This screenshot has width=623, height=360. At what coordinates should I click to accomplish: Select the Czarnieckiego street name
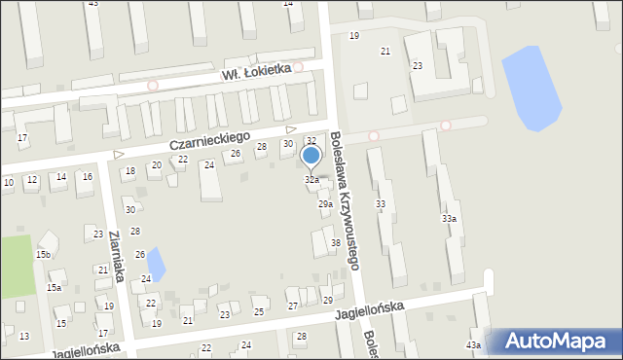[209, 140]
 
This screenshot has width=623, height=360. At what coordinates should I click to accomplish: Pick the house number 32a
[311, 180]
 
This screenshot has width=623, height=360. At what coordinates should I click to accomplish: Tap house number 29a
[325, 204]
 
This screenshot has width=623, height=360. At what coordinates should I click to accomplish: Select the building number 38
[336, 243]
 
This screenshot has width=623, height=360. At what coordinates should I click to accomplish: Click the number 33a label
[449, 219]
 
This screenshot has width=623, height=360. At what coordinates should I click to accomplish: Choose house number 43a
[473, 345]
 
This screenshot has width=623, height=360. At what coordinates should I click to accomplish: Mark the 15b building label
[43, 255]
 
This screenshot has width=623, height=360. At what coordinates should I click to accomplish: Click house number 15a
[55, 288]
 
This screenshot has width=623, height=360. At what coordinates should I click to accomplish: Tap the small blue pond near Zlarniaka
[156, 260]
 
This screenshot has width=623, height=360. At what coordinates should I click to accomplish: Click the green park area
[15, 266]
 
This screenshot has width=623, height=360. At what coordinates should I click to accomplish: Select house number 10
[9, 183]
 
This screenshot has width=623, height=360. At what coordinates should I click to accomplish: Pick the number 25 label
[259, 311]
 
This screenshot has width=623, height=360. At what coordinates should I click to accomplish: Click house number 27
[293, 306]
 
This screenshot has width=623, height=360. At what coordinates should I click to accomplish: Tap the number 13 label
[24, 337]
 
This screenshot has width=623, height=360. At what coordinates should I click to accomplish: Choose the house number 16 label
[87, 176]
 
